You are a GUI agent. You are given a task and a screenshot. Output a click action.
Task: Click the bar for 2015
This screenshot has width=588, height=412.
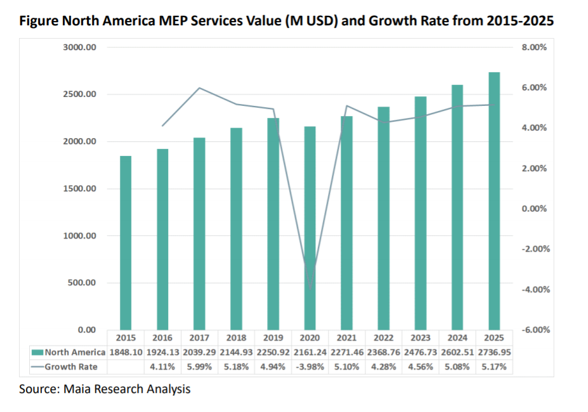coord(126,243)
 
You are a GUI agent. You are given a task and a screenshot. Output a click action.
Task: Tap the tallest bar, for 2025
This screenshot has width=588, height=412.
coord(494,201)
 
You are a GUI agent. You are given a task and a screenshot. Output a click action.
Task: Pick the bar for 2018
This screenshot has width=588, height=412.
coord(237,229)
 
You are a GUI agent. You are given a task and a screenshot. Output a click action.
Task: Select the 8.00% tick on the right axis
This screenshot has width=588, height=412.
coord(533,48)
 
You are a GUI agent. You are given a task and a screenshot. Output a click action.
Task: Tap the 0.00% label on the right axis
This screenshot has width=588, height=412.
coord(533,209)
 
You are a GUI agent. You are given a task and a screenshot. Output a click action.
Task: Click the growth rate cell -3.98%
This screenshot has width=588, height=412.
coord(310,366)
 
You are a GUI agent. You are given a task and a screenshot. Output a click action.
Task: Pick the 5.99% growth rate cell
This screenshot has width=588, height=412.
coord(200,366)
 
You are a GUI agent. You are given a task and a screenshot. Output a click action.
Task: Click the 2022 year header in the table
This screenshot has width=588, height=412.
coord(384,338)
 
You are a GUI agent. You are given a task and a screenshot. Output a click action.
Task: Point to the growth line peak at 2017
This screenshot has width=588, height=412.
coord(200,88)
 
